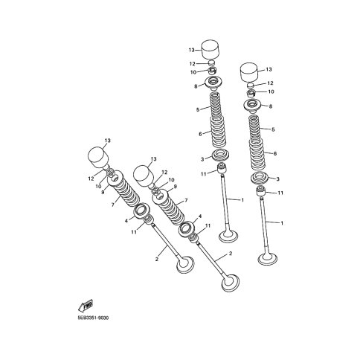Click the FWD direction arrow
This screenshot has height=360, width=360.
click(86, 306)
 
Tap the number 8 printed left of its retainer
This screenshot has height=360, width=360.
click(196, 86)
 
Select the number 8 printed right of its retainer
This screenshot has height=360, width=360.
click(271, 106)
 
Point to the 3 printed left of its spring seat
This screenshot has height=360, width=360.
click(202, 159)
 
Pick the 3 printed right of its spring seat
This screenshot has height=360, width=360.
click(277, 179)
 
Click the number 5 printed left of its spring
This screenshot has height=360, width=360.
click(198, 109)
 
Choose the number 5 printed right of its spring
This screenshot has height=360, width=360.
click(273, 129)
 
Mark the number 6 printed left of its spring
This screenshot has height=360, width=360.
click(200, 134)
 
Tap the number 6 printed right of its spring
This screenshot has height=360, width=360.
click(275, 153)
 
